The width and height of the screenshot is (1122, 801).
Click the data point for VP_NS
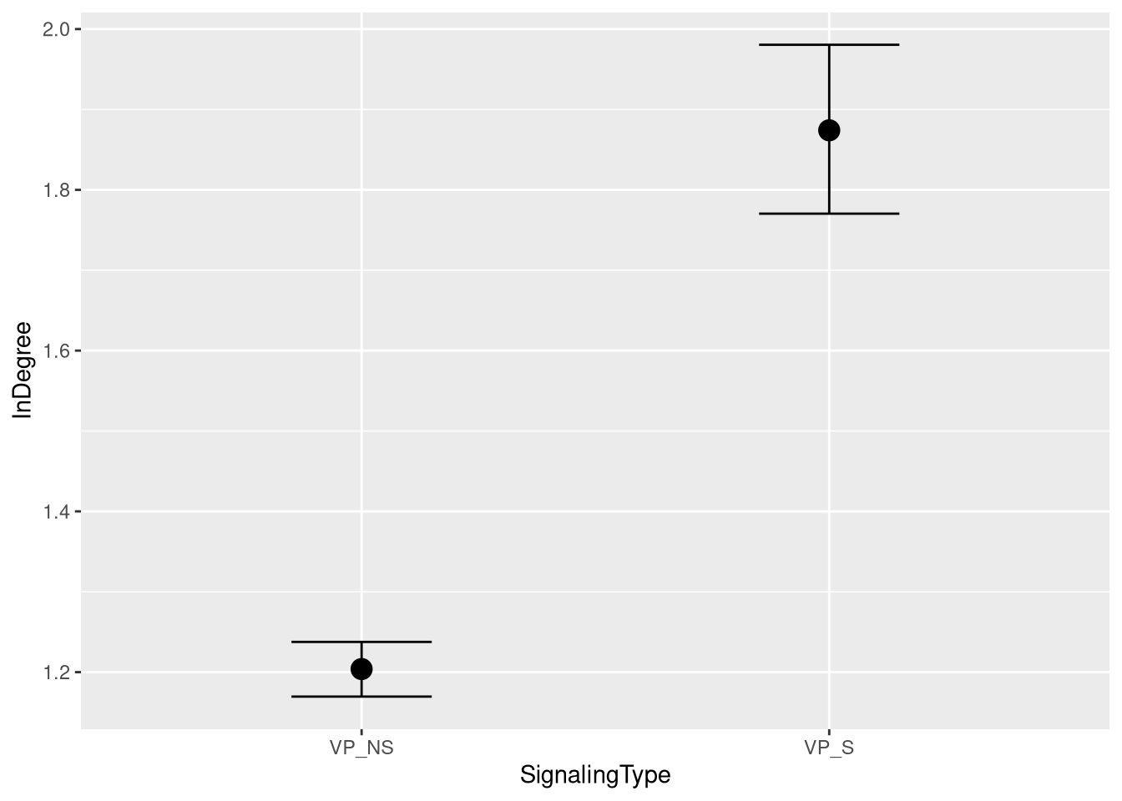pyautogui.click(x=361, y=668)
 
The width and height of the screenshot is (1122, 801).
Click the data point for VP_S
pyautogui.click(x=829, y=130)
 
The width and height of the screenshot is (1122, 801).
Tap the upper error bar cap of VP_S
pyautogui.click(x=829, y=44)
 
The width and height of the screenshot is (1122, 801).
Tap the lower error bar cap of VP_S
pyautogui.click(x=829, y=214)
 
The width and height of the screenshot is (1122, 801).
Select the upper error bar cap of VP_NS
pyautogui.click(x=361, y=642)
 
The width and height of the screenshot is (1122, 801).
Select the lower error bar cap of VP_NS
pyautogui.click(x=361, y=696)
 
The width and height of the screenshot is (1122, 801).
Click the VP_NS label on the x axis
pyautogui.click(x=361, y=748)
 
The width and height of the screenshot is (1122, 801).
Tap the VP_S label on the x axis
pyautogui.click(x=829, y=748)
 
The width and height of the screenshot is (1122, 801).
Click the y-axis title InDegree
pyautogui.click(x=23, y=370)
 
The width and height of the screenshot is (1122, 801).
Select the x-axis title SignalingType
pyautogui.click(x=595, y=775)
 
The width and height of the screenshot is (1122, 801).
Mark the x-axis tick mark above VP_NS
pyautogui.click(x=361, y=733)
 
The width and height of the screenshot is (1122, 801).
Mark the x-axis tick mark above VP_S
pyautogui.click(x=829, y=733)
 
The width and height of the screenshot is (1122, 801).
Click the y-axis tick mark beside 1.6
pyautogui.click(x=78, y=350)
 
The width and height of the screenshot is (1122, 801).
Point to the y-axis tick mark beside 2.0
pyautogui.click(x=78, y=29)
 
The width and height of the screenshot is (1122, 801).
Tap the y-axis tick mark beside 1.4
pyautogui.click(x=78, y=511)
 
